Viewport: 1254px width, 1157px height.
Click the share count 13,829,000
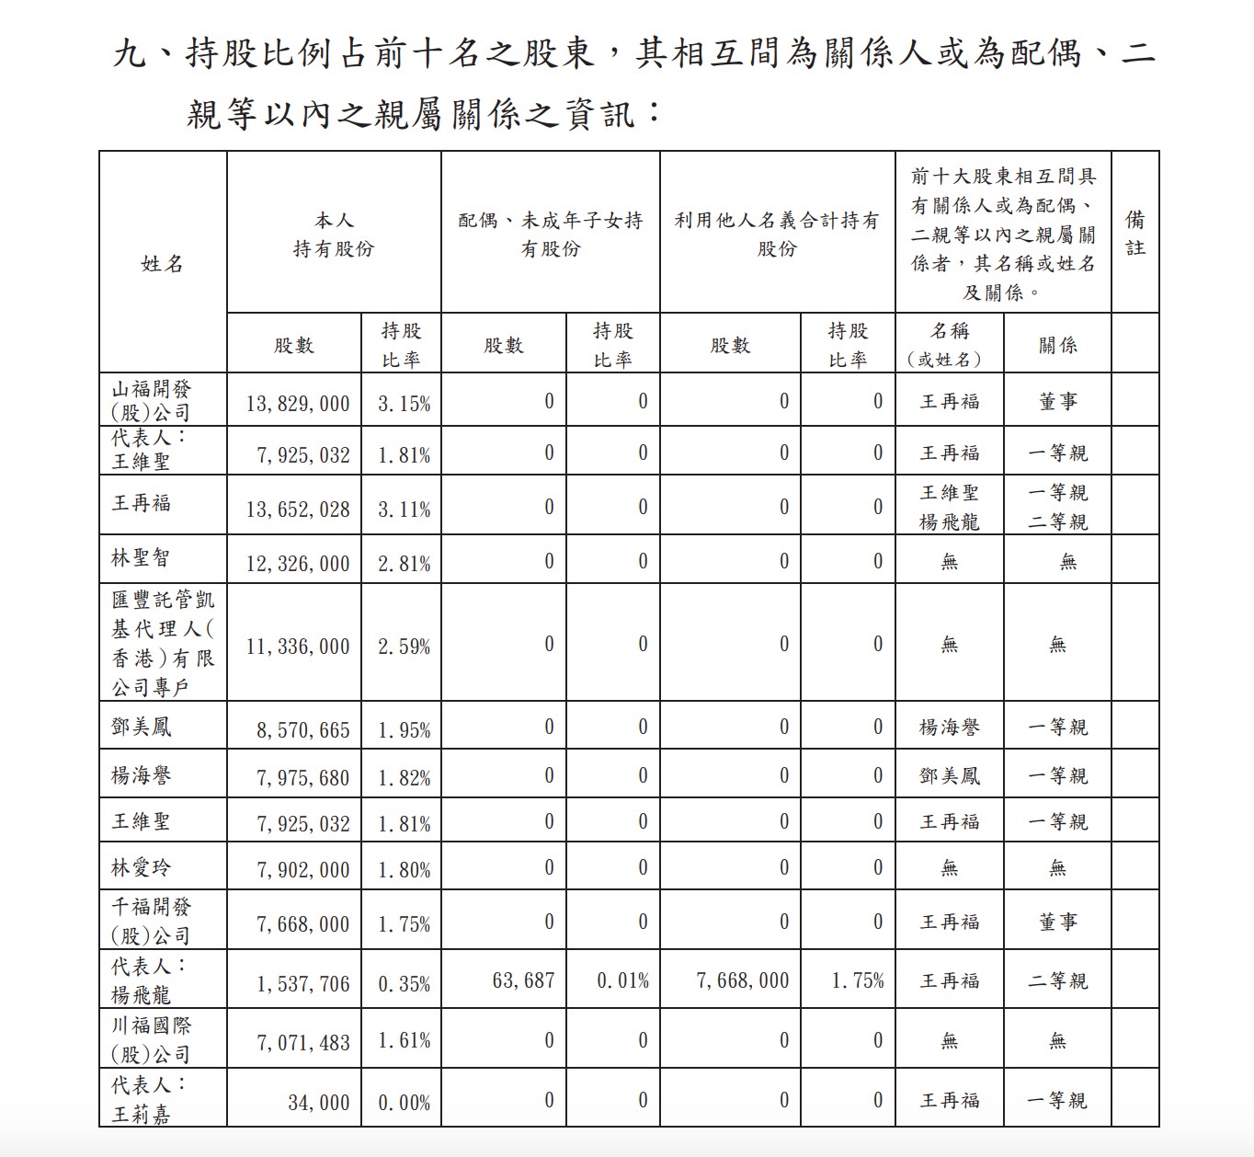click(298, 403)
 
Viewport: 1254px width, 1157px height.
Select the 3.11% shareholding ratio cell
click(404, 509)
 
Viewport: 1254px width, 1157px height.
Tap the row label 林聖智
click(141, 558)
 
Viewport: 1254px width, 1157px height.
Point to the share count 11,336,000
click(298, 647)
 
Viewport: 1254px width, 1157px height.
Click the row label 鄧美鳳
click(141, 727)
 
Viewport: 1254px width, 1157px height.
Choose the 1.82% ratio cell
click(404, 777)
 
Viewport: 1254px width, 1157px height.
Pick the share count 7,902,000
click(302, 869)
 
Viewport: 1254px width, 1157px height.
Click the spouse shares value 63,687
click(523, 980)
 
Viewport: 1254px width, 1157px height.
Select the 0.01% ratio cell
click(622, 980)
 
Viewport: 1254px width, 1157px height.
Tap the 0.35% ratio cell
click(404, 983)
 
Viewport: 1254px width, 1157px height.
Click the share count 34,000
click(318, 1102)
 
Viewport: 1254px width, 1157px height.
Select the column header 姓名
click(162, 264)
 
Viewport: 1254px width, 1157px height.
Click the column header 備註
click(1135, 234)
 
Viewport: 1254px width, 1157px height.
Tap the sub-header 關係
click(1057, 345)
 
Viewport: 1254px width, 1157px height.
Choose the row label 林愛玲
click(141, 867)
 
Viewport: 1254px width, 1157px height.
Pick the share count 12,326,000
click(298, 563)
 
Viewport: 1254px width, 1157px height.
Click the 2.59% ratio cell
click(404, 647)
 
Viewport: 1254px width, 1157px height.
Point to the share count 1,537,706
click(302, 983)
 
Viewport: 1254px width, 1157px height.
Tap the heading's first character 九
click(130, 54)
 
